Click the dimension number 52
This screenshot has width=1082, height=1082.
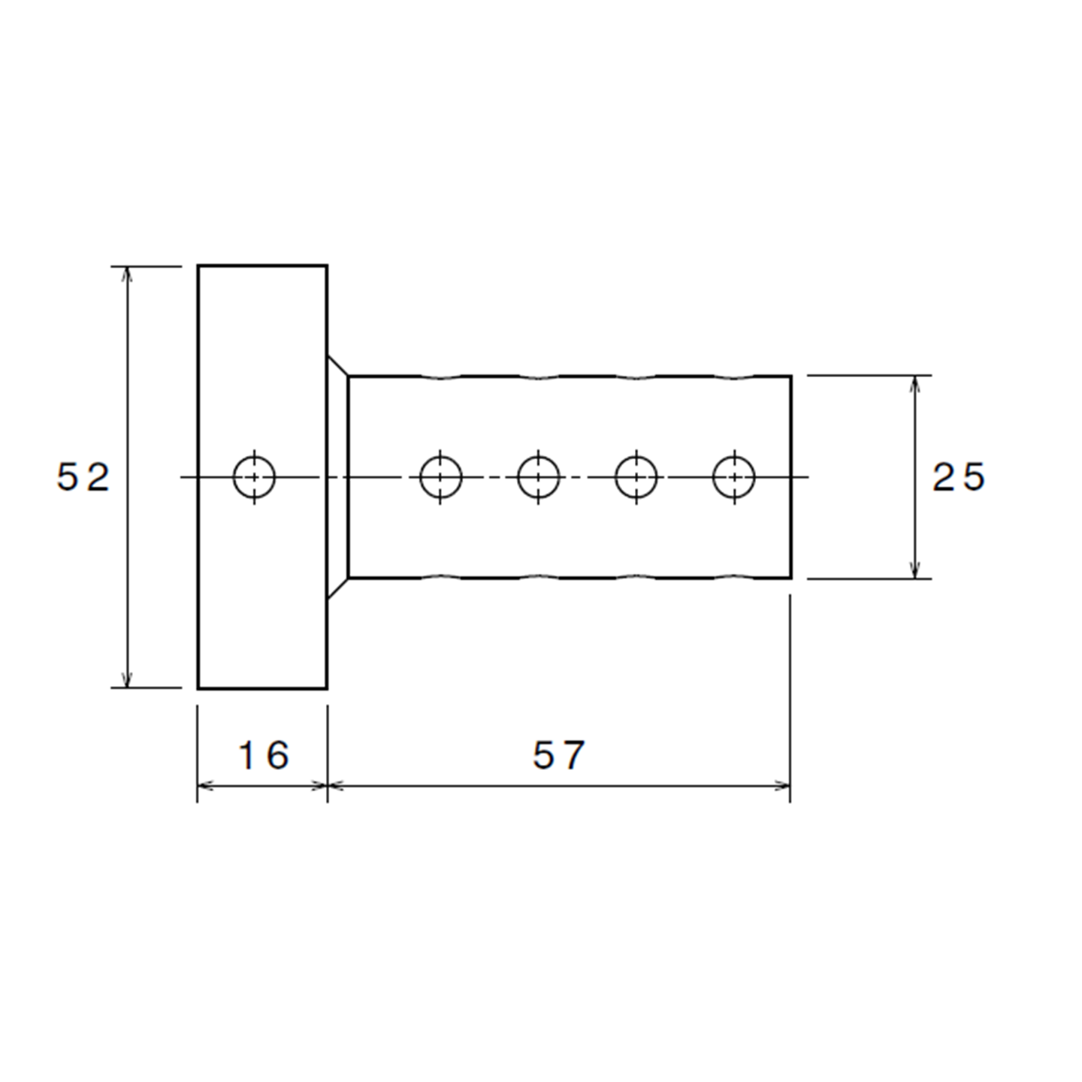[83, 477]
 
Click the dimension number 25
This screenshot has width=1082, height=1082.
[958, 477]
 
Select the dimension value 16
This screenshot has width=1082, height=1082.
[263, 755]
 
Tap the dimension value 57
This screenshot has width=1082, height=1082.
[558, 755]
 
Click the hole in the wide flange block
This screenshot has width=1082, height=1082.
[254, 477]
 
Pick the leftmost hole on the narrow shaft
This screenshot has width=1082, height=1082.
[440, 477]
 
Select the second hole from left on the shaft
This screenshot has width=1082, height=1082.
[538, 477]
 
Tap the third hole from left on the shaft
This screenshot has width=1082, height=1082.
[636, 477]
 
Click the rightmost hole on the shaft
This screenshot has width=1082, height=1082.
[733, 477]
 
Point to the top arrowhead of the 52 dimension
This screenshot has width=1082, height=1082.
[128, 274]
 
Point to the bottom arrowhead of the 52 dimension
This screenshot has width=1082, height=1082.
[128, 679]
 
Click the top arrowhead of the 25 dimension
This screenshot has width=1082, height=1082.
[914, 383]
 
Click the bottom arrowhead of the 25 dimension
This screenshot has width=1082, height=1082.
[914, 570]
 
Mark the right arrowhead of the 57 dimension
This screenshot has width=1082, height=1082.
[783, 786]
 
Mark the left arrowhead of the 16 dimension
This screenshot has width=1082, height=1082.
[204, 786]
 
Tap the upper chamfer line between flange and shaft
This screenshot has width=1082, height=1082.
[337, 365]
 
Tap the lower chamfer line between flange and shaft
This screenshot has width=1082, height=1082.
[337, 588]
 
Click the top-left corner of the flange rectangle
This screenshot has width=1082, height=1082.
[198, 266]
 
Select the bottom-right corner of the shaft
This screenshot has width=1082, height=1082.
[790, 578]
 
